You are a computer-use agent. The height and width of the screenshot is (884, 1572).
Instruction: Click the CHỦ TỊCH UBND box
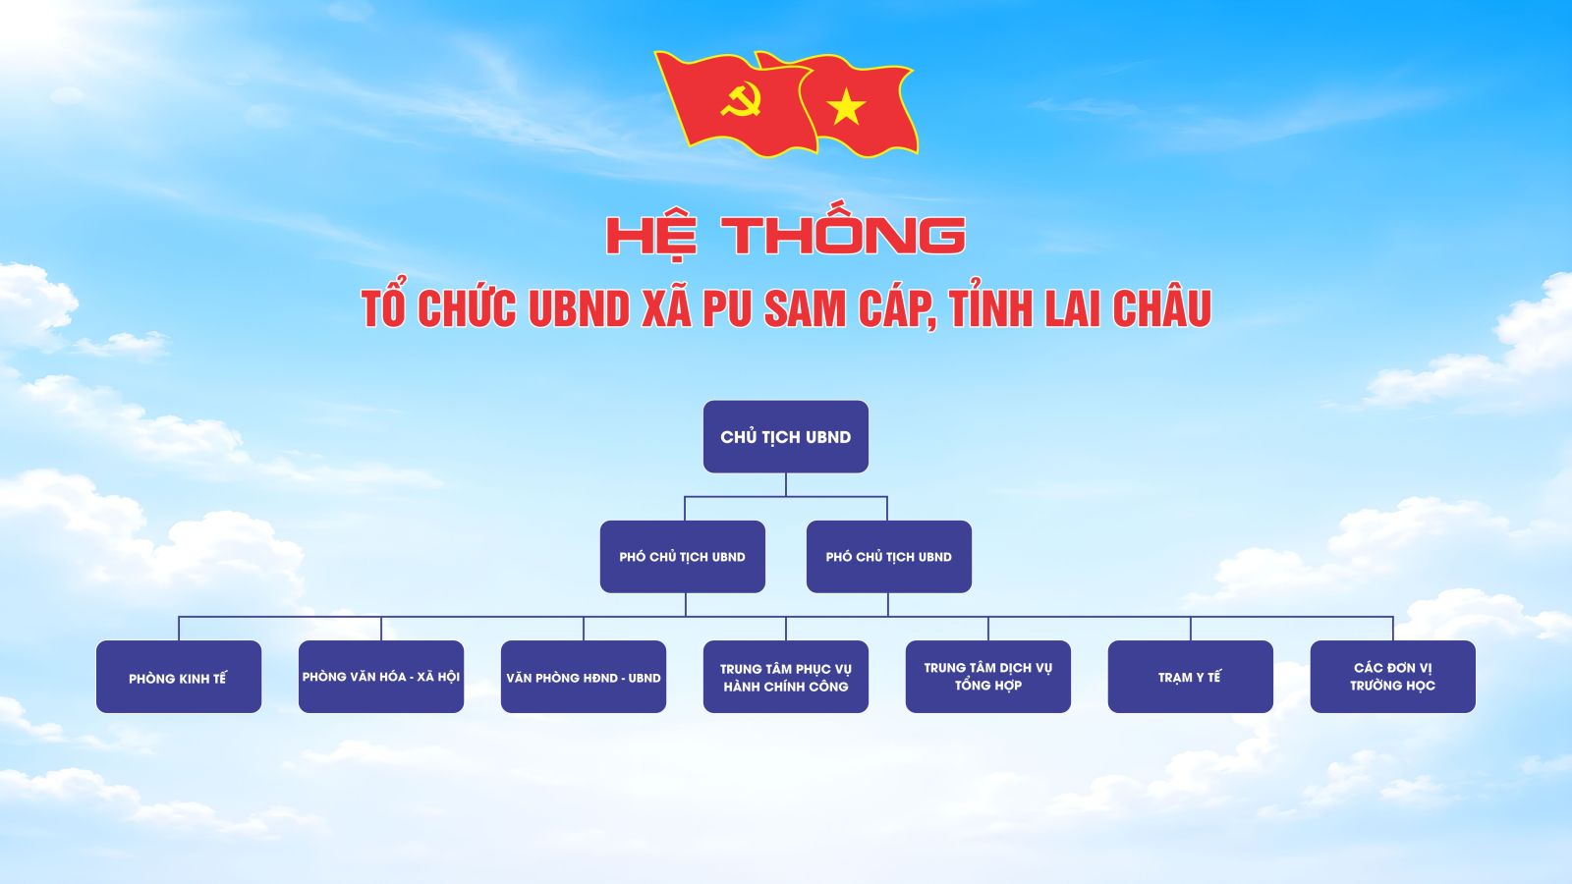click(x=785, y=436)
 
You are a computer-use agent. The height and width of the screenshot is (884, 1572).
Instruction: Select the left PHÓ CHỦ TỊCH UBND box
click(x=682, y=556)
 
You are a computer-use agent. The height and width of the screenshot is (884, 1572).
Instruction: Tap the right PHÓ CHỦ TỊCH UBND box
click(x=888, y=556)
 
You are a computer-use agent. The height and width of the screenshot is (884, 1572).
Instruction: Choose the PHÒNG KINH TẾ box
click(x=178, y=677)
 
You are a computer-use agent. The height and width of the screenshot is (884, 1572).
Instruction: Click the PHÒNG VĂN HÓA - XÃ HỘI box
click(x=381, y=677)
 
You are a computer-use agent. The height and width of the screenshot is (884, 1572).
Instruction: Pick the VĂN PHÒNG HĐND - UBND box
click(x=584, y=677)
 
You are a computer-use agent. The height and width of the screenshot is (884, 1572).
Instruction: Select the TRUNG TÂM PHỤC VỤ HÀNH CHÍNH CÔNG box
click(x=785, y=677)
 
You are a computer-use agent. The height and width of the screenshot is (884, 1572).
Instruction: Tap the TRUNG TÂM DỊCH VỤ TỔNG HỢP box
click(x=988, y=677)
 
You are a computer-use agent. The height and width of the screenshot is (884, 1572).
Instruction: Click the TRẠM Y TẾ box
click(x=1190, y=677)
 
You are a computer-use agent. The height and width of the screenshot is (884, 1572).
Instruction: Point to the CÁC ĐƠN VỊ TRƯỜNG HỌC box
click(x=1392, y=677)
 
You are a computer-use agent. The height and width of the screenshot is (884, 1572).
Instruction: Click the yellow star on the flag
click(x=846, y=107)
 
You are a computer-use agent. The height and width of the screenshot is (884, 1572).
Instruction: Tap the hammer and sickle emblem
click(x=741, y=100)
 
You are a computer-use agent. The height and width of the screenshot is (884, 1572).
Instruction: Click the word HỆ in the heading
click(x=652, y=237)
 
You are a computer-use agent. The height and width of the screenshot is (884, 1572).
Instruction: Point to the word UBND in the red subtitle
click(x=579, y=308)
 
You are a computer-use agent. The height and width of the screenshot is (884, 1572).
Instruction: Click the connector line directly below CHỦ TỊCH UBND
click(x=785, y=485)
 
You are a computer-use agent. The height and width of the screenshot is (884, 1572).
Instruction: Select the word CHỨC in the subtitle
click(x=467, y=306)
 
